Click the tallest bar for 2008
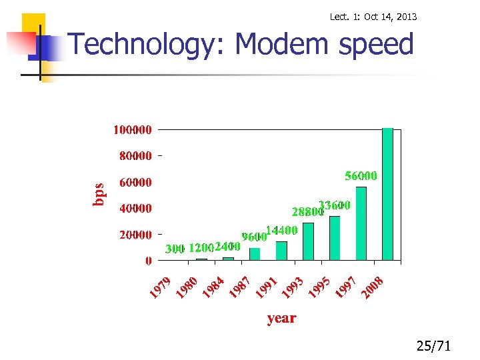[387, 193]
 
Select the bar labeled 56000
[361, 223]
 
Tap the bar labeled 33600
[335, 238]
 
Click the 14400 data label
[281, 230]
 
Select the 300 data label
[175, 249]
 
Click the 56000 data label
[361, 176]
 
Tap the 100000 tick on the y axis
[132, 129]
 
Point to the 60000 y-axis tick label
[135, 182]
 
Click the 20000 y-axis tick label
[135, 235]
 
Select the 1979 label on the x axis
[161, 287]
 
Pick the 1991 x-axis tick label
[266, 287]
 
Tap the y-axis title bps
[98, 194]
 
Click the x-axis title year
[281, 318]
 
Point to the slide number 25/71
[433, 346]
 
